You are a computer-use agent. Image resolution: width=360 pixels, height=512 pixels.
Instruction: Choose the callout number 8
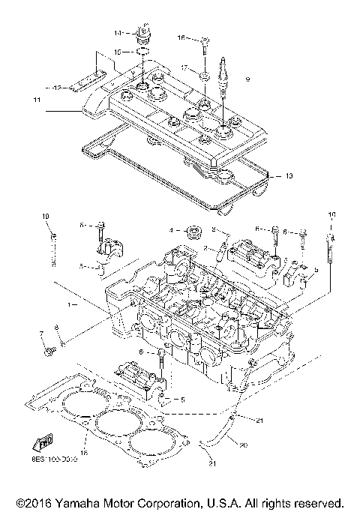click(56, 328)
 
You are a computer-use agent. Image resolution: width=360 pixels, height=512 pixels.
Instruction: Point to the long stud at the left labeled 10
click(54, 248)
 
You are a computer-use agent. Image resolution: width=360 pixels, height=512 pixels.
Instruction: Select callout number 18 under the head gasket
click(84, 453)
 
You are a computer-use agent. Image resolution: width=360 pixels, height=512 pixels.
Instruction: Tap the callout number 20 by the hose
click(242, 445)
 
